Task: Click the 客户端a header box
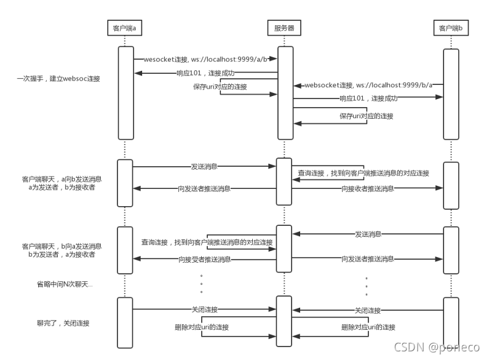[125, 28]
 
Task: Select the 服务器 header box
[284, 28]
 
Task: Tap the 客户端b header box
[451, 28]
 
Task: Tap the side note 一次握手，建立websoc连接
[59, 79]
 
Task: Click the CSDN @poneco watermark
[436, 348]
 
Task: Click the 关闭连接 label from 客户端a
[204, 310]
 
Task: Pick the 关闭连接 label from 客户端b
[368, 310]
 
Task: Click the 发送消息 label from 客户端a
[204, 166]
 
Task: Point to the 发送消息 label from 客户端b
[368, 234]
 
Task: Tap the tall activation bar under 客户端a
[125, 92]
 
